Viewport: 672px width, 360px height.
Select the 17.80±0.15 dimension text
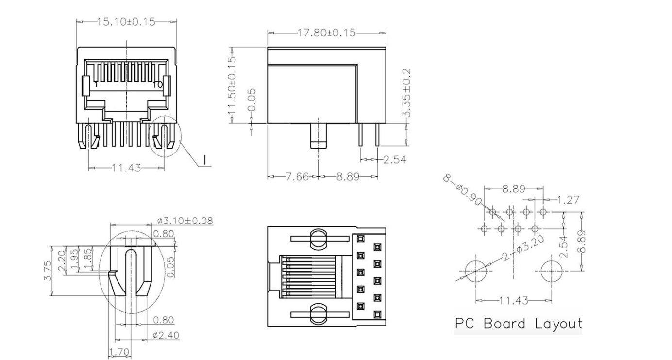pos(326,33)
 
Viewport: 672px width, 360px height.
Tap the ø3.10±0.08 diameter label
pos(185,221)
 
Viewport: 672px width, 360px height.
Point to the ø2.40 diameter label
pos(165,335)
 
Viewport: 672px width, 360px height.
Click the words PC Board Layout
pos(518,324)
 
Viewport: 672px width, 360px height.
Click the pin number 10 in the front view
pos(158,85)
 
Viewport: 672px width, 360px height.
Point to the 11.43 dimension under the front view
pos(126,168)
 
